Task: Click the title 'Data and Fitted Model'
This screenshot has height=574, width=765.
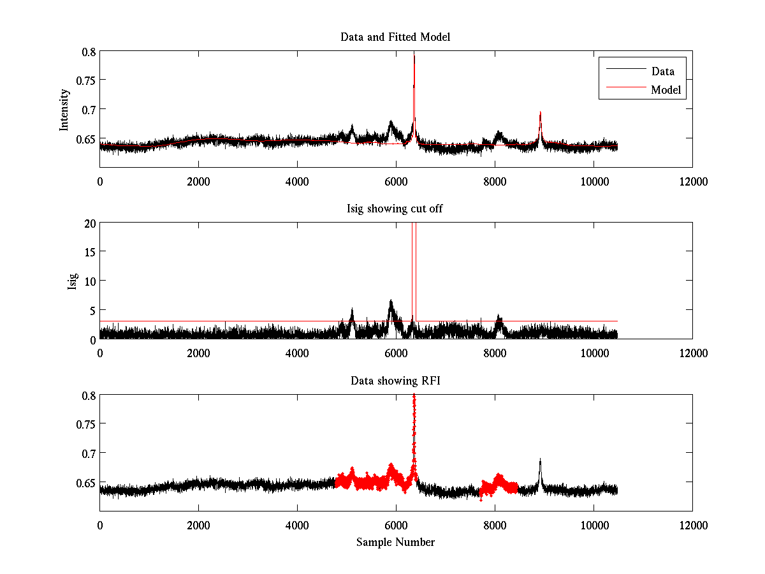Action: (395, 37)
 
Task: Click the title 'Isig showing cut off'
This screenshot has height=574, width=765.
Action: (395, 209)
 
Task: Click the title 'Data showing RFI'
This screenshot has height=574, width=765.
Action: (395, 381)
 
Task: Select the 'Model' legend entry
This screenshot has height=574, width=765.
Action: (666, 90)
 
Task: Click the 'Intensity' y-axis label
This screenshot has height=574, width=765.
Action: (64, 109)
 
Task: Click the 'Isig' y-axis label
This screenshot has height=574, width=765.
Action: (73, 281)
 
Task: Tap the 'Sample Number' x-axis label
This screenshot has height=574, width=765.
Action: (395, 542)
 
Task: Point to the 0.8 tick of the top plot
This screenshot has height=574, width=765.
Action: (87, 52)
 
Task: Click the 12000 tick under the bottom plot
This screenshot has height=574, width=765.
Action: (692, 526)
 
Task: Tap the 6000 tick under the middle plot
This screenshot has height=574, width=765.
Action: (396, 353)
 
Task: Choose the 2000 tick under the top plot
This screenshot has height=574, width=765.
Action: (198, 182)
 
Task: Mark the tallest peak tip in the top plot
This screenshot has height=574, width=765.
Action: (414, 55)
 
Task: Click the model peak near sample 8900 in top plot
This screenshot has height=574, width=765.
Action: (540, 113)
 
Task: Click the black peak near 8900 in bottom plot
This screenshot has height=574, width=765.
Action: (540, 459)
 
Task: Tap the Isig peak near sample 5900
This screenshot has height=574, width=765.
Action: (391, 300)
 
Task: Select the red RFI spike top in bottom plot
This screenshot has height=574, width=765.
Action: (414, 396)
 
